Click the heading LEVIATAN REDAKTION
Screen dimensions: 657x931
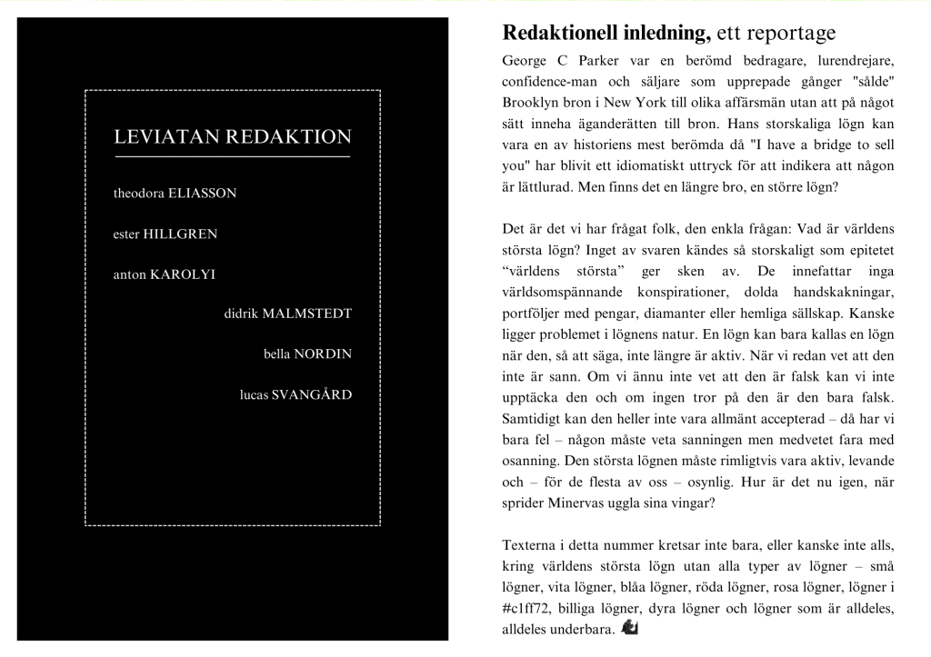232,137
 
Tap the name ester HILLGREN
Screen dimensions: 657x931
165,234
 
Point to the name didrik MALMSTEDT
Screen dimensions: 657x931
287,314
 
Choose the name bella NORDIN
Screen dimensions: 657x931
307,354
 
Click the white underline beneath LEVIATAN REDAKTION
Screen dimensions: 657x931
232,157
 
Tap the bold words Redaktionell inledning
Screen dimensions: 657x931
606,34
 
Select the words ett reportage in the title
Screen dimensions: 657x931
776,34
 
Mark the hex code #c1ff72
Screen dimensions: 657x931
530,608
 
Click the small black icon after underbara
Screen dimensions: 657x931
629,628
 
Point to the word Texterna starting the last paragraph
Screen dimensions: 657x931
533,548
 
